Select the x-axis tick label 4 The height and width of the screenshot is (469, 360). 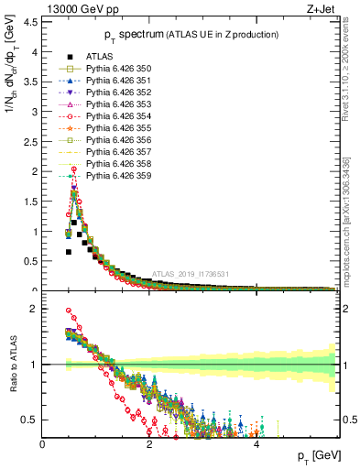point(256,444)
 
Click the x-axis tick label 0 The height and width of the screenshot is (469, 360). point(42,444)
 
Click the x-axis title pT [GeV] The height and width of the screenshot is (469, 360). point(318,456)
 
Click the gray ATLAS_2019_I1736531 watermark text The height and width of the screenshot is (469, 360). point(192,274)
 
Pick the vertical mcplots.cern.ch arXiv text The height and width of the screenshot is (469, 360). point(351,211)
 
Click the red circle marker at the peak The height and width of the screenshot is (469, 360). point(72,169)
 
